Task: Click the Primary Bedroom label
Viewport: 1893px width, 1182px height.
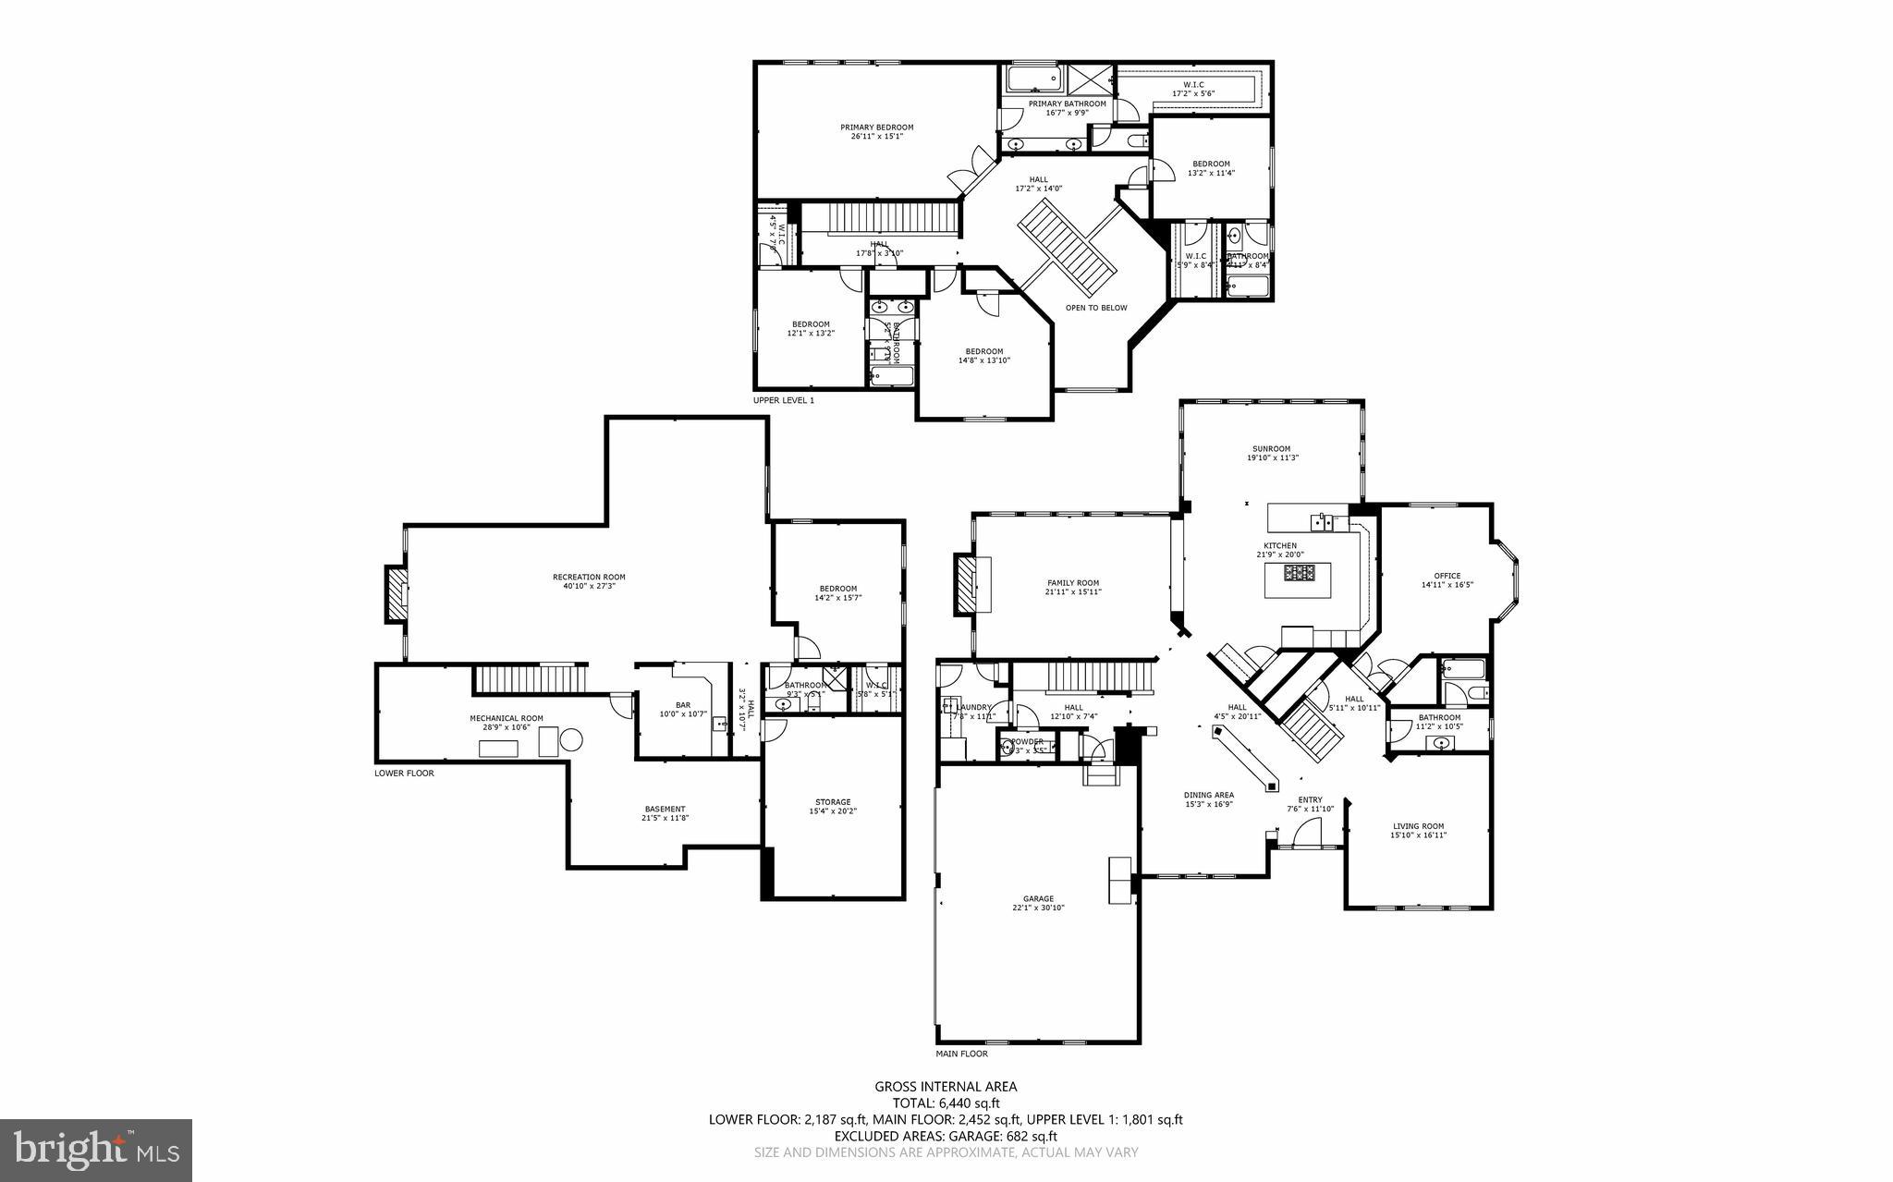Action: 876,128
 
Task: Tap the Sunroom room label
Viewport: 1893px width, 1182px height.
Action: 1273,449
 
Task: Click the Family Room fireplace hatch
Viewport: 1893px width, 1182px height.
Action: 965,583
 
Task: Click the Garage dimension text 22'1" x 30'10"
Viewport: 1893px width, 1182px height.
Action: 1038,908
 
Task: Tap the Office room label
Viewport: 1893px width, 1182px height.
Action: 1447,576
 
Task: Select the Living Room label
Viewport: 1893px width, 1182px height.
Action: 1418,826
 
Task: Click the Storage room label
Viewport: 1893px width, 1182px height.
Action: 833,802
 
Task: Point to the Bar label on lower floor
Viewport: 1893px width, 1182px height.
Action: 682,705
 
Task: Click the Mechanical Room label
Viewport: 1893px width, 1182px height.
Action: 506,718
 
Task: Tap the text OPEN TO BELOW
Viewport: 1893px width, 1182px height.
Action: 1095,308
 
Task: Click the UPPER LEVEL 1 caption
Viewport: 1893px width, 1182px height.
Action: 783,400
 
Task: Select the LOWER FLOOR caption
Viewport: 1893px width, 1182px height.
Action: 404,773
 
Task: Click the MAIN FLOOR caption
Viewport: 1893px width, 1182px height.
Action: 961,1054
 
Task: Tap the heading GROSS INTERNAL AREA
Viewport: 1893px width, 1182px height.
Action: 946,1087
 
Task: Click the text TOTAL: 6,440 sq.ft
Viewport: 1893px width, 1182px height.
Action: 946,1103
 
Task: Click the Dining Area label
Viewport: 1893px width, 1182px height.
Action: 1209,795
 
